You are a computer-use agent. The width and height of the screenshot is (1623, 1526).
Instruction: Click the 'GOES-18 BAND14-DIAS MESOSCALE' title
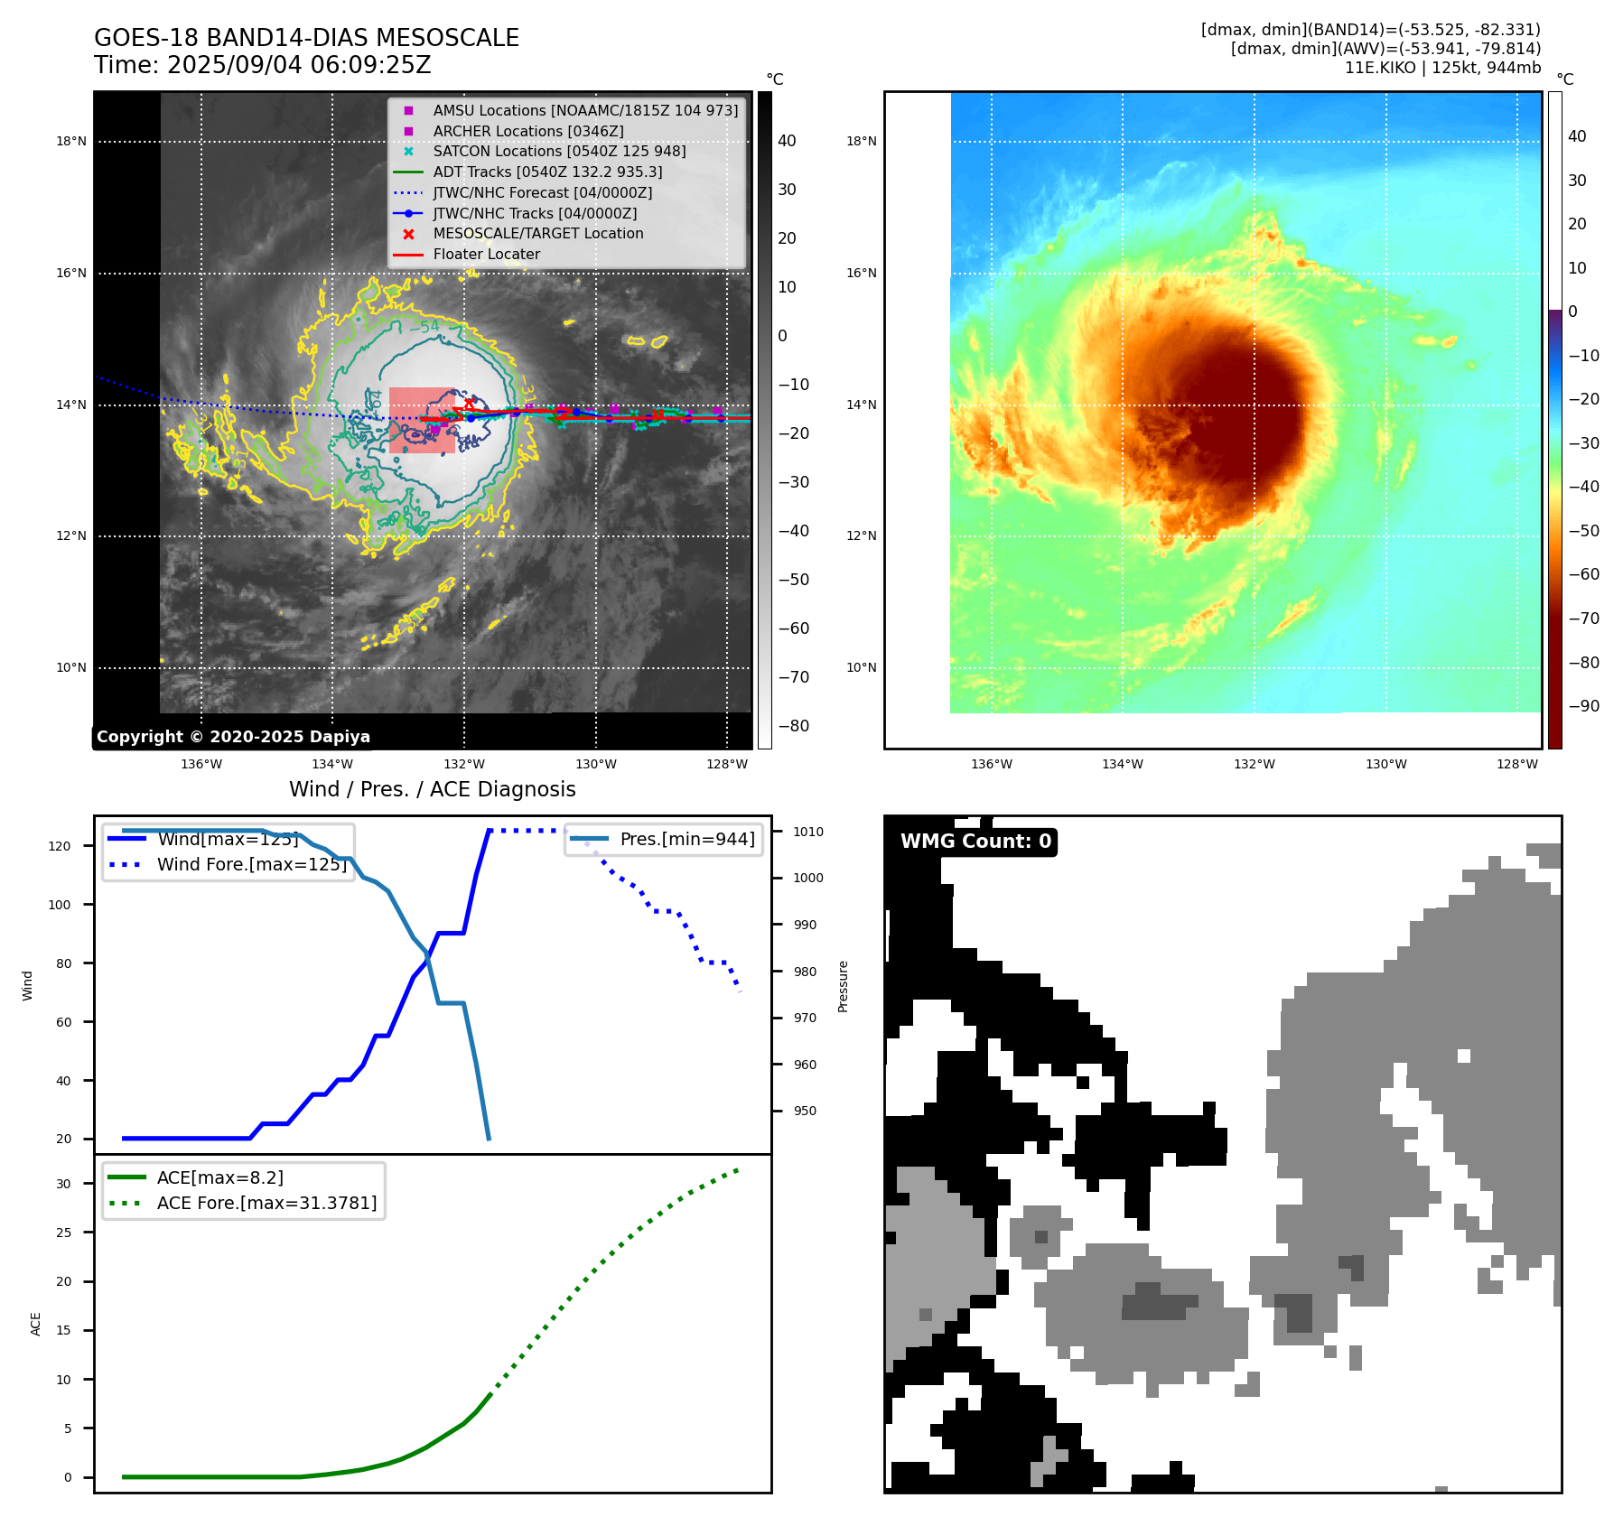tap(306, 38)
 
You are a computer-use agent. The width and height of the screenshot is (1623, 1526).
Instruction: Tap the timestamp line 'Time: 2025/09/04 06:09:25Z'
tap(262, 65)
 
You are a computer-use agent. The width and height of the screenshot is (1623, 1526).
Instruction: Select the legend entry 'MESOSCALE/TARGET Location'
tap(537, 233)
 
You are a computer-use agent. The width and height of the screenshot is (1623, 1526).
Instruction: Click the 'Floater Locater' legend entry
tap(486, 254)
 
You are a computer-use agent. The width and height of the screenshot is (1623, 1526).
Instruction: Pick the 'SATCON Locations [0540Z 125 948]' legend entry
tap(559, 151)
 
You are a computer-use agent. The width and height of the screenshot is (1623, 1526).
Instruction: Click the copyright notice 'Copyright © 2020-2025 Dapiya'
tap(233, 737)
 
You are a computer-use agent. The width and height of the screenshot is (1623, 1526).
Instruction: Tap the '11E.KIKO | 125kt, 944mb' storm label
tap(1442, 68)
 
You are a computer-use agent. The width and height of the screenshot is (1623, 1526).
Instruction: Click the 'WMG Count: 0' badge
tap(975, 842)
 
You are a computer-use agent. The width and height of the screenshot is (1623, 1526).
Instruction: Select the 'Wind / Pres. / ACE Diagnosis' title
tap(432, 789)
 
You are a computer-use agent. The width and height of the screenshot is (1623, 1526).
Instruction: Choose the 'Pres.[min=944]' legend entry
tap(686, 839)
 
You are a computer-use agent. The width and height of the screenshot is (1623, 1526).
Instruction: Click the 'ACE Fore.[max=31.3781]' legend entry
tap(266, 1203)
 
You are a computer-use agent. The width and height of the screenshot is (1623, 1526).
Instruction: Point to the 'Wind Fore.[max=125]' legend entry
tap(252, 864)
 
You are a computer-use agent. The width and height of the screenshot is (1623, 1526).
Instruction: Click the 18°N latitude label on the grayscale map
tap(71, 141)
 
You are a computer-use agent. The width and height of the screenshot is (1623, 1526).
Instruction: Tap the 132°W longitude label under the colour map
tap(1255, 764)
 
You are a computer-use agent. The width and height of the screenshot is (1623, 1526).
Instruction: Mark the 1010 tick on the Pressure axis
tap(808, 832)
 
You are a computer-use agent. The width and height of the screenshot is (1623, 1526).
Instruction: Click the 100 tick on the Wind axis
tap(60, 905)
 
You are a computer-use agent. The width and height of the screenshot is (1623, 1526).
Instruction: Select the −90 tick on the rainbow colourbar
tap(1584, 706)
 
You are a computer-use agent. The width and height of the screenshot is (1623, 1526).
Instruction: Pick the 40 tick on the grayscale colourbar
tap(787, 141)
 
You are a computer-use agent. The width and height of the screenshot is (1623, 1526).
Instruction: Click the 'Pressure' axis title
tap(843, 986)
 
